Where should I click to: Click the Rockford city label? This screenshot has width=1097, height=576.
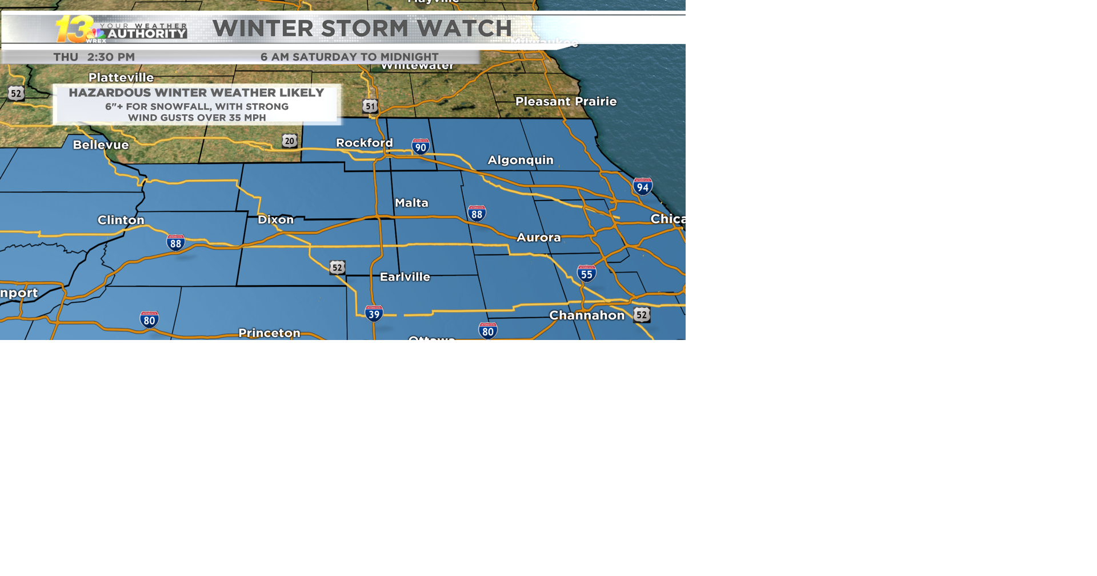364,143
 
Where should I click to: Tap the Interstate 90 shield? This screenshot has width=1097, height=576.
421,147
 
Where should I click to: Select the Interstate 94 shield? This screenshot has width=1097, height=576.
643,186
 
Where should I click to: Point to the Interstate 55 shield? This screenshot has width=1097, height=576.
587,274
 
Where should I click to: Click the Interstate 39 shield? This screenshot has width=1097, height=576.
374,314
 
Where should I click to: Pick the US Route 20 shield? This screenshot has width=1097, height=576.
290,141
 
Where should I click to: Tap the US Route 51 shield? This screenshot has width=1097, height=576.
370,106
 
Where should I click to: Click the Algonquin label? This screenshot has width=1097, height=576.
520,160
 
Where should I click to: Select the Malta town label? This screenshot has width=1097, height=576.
411,203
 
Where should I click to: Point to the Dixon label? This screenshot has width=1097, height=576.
275,219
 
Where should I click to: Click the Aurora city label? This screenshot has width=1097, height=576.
538,237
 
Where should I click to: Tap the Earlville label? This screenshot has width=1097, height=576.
405,277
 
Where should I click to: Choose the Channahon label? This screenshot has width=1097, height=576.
587,315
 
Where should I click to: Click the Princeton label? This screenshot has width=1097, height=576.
269,333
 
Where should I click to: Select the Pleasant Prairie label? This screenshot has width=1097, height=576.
566,101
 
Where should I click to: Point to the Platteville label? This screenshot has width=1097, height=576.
121,77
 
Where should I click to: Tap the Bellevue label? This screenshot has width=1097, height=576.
101,145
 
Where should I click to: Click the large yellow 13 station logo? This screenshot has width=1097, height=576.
74,29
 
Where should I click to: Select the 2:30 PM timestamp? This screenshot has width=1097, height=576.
111,57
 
